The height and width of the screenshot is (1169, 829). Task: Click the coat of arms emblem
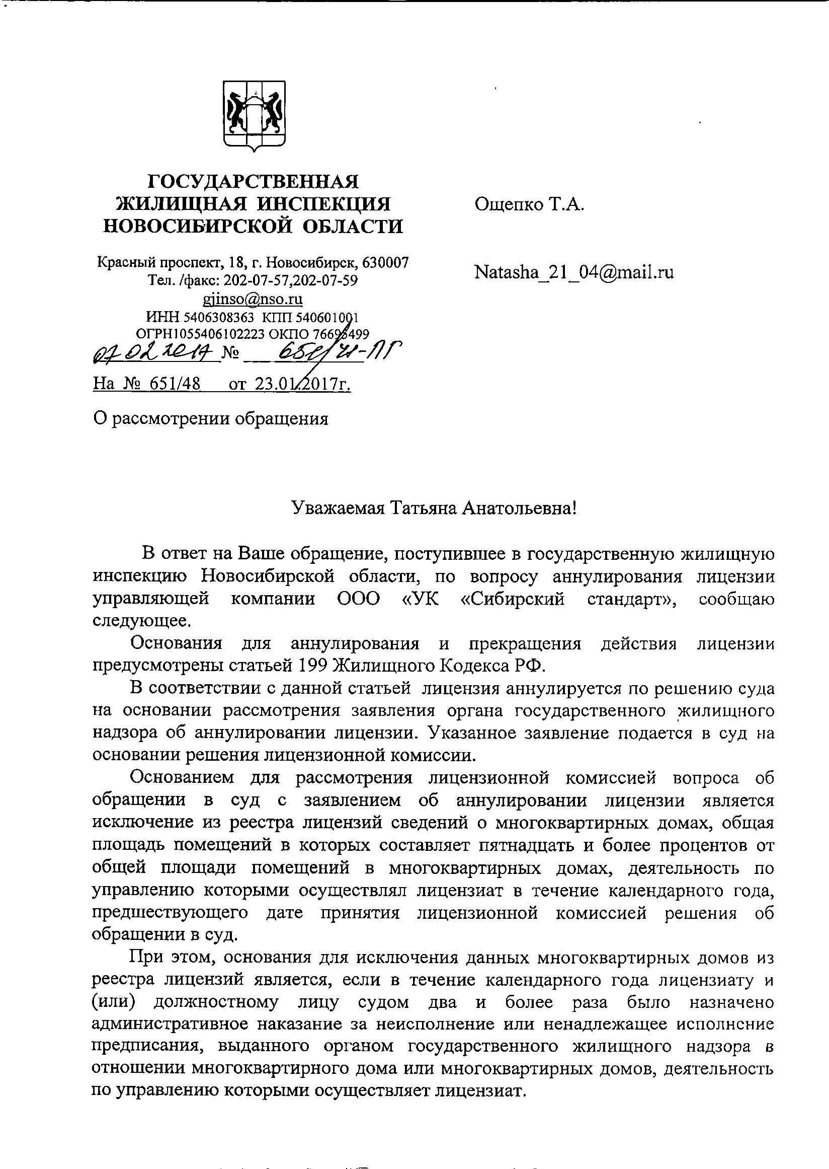(x=253, y=115)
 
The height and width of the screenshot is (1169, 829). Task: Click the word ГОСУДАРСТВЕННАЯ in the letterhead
(x=253, y=182)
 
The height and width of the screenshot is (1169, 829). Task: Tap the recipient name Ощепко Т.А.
(x=529, y=205)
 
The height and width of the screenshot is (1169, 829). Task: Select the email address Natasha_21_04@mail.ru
(x=574, y=272)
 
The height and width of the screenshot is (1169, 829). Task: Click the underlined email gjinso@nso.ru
(x=253, y=298)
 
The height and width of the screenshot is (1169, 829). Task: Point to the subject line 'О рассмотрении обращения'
(x=210, y=418)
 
